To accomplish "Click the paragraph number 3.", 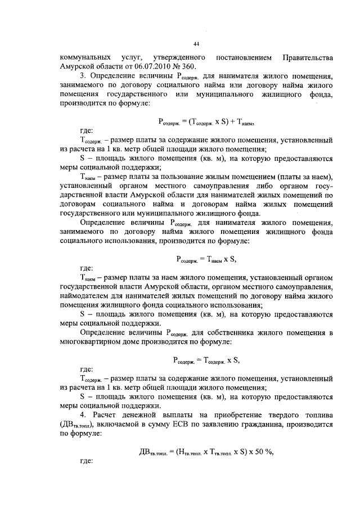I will tap(83, 76).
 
